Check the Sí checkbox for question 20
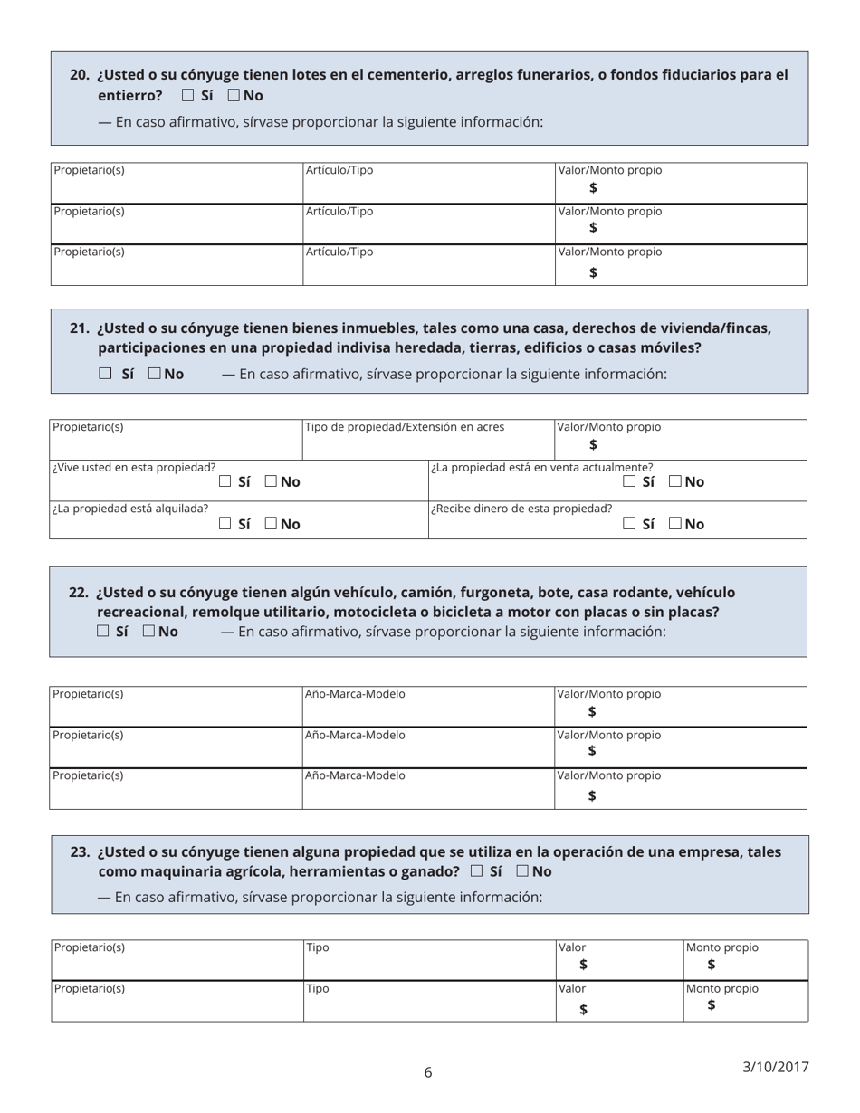coord(187,95)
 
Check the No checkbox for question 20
coord(234,95)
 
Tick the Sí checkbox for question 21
coord(105,373)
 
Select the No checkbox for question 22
coord(148,631)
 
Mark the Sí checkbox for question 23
coord(476,871)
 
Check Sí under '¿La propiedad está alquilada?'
coord(225,523)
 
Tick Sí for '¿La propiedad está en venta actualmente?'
coord(630,481)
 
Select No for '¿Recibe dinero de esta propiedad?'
coord(676,523)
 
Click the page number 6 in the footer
coord(428,1073)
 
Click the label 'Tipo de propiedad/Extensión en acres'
coord(405,426)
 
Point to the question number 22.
coord(79,592)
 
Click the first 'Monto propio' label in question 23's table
coord(722,947)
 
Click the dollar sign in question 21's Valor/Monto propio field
coord(593,444)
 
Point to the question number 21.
coord(80,328)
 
